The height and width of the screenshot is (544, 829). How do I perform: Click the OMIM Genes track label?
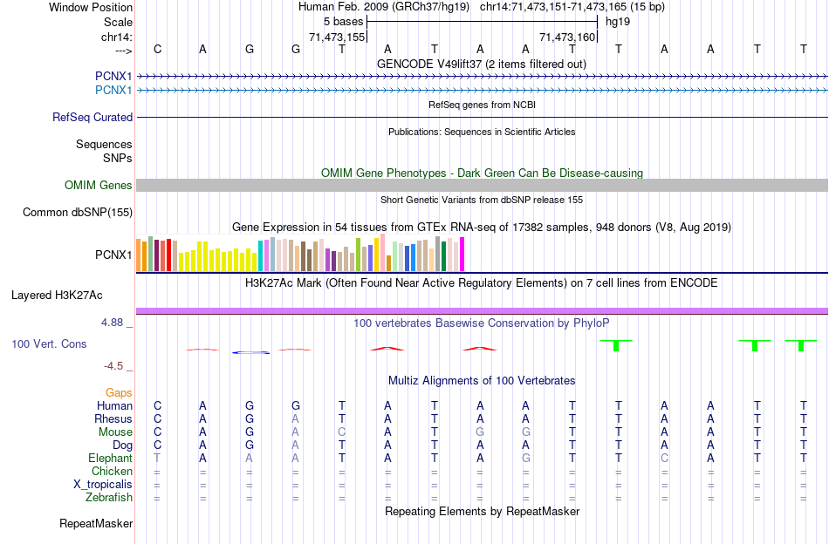(99, 185)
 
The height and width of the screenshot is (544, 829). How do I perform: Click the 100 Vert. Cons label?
(49, 344)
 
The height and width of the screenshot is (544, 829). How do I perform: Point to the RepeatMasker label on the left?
(96, 524)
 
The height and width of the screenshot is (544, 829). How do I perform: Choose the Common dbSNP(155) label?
(78, 212)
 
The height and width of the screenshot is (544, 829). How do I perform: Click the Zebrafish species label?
(109, 498)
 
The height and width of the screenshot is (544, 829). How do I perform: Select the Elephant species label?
(110, 458)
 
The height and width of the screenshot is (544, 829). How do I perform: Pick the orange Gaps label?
(119, 393)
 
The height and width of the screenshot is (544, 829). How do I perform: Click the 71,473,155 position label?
(337, 37)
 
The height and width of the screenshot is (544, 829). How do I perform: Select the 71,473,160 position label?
(567, 37)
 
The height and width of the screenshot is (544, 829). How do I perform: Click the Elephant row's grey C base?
(664, 458)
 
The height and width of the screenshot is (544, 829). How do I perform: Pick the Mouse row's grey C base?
(342, 432)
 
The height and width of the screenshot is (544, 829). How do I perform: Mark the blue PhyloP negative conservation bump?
(250, 352)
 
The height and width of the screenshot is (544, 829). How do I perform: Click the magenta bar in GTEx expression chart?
(462, 254)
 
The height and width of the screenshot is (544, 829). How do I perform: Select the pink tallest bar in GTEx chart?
(383, 252)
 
